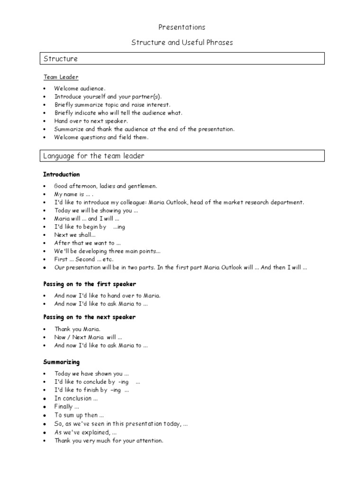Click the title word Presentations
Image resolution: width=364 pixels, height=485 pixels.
click(182, 27)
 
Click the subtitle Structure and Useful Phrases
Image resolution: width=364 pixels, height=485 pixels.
click(182, 43)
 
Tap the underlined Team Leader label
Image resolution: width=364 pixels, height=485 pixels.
click(61, 77)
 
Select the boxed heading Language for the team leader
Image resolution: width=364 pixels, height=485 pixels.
click(94, 156)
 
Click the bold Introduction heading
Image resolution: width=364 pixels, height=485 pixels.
click(62, 175)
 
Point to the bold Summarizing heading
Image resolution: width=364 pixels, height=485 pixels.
click(62, 362)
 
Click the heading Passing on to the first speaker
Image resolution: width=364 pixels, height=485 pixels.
click(90, 284)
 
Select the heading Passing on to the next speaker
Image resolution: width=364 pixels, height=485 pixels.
click(89, 317)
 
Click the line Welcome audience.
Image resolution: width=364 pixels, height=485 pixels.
click(80, 89)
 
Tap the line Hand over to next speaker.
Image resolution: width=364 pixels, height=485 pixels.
click(91, 121)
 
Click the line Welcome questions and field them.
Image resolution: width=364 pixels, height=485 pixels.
click(101, 137)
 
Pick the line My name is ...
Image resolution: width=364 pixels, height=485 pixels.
click(73, 195)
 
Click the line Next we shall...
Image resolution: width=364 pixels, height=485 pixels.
click(75, 235)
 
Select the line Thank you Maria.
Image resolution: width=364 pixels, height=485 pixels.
click(77, 329)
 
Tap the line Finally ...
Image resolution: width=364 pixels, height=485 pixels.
click(66, 407)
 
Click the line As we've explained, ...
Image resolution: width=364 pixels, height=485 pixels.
click(85, 432)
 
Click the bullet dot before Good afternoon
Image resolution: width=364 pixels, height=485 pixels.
click(45, 187)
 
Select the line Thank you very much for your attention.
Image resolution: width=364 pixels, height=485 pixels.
click(109, 440)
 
